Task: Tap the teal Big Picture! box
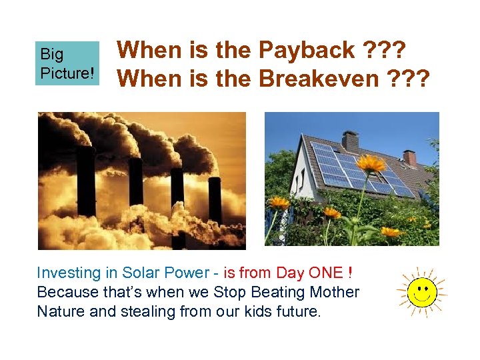67,63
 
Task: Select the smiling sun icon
421,291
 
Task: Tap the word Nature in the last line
61,311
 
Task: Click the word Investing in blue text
69,273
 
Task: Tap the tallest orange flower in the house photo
371,164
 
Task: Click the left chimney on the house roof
350,141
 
